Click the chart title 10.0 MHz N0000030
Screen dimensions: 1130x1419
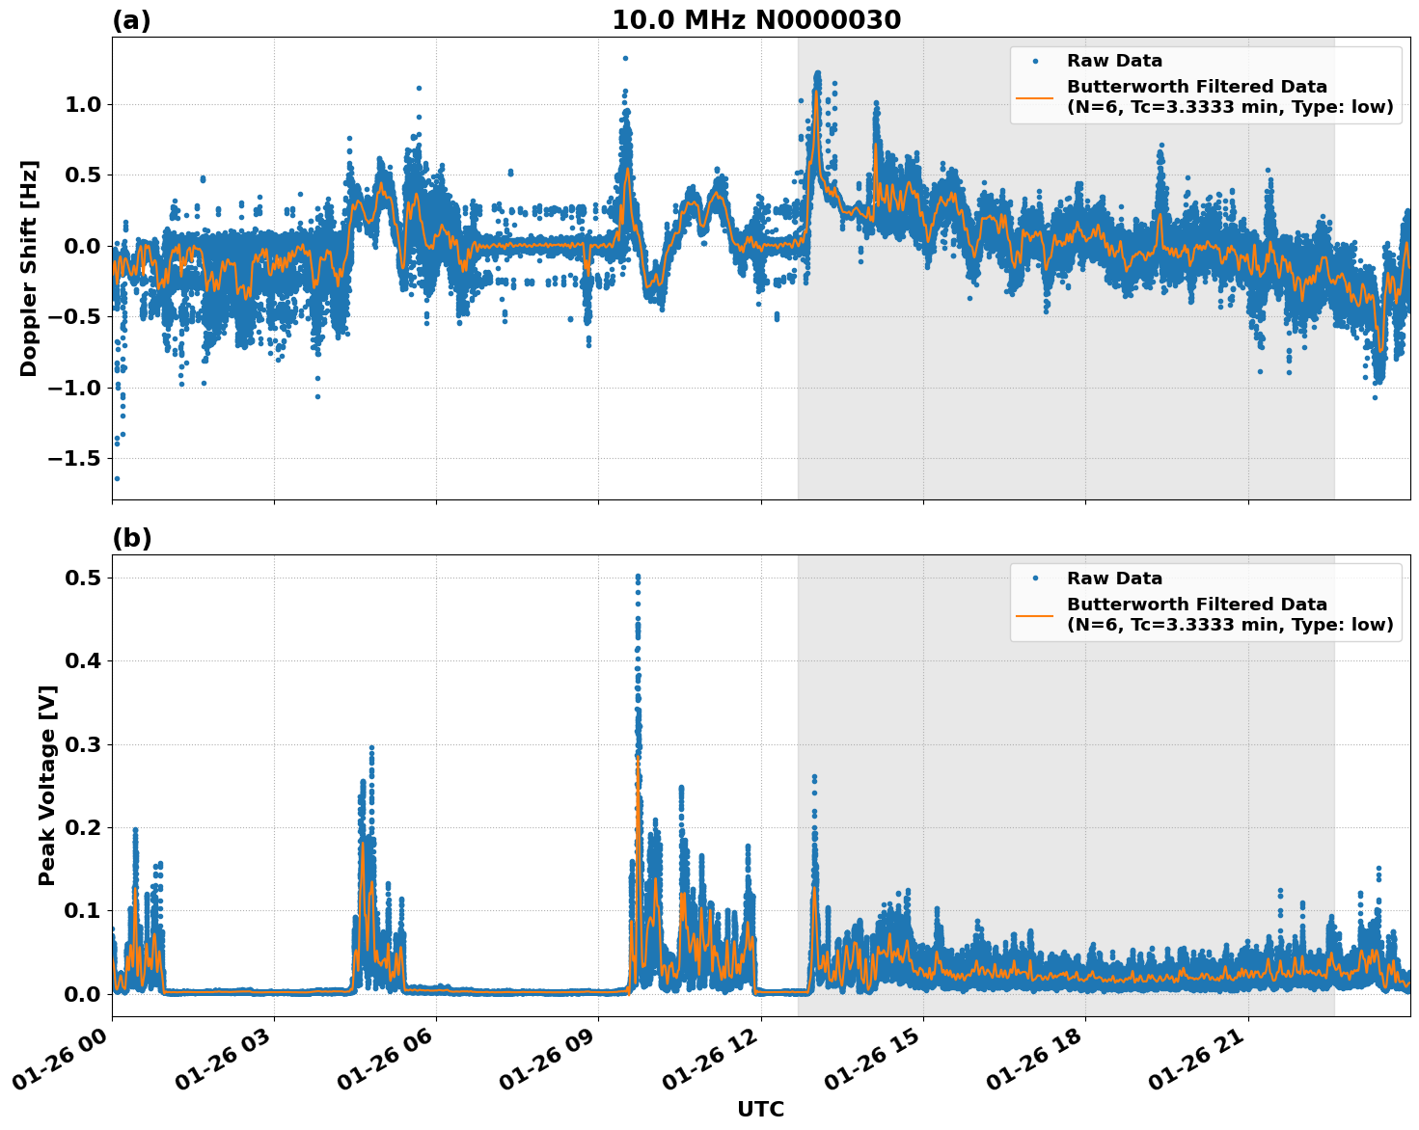[756, 20]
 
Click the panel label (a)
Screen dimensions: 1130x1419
[131, 20]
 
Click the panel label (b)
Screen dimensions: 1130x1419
[131, 538]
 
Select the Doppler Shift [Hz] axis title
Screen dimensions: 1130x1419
[29, 268]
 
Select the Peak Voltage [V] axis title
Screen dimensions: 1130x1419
[47, 785]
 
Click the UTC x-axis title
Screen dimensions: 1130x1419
[760, 1109]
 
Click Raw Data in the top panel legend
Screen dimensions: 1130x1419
[1114, 61]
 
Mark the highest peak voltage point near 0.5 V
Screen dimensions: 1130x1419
[638, 577]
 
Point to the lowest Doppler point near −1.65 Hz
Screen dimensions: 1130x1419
[117, 478]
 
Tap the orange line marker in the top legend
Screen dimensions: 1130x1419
[1034, 96]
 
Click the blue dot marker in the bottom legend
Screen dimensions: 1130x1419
[1034, 578]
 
